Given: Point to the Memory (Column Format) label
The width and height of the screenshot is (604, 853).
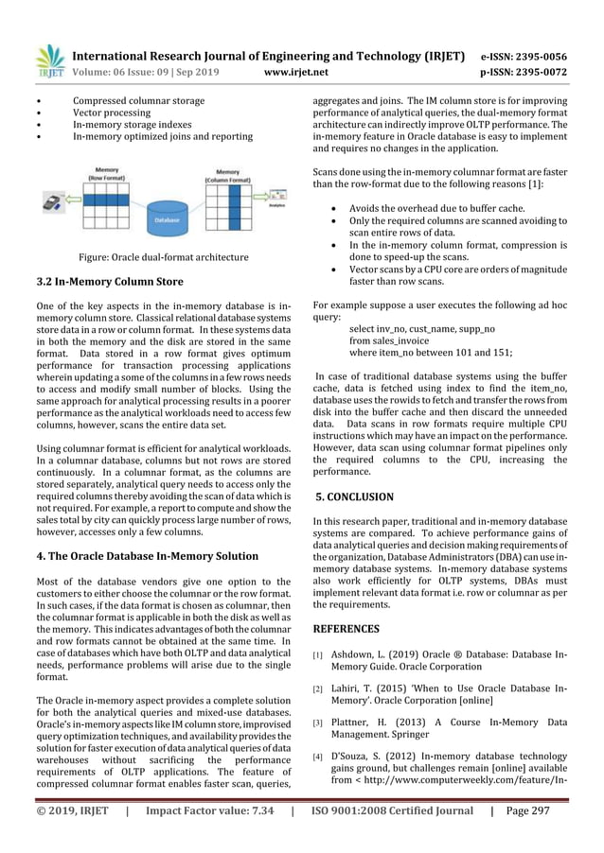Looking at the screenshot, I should click(x=233, y=173).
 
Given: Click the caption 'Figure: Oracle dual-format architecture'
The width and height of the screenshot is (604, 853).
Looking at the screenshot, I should click(x=164, y=257).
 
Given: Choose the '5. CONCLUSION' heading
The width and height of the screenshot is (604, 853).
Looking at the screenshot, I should click(x=354, y=496).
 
